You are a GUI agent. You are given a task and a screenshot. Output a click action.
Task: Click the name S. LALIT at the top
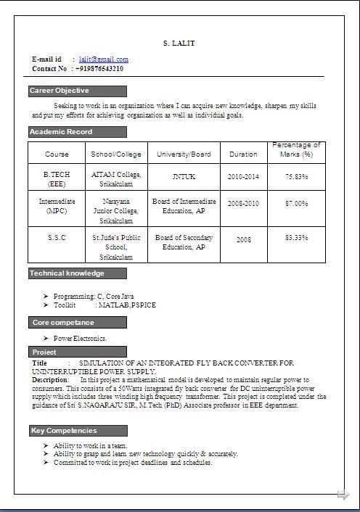179,44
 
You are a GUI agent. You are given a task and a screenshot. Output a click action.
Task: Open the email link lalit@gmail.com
109,59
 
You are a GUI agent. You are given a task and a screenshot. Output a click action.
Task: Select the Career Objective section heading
60,91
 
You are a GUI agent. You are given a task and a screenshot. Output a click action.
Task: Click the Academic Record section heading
61,132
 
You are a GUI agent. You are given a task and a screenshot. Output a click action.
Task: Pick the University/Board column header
184,154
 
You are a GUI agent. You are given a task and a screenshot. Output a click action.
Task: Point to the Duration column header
243,154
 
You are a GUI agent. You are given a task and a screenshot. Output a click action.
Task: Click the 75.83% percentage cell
296,176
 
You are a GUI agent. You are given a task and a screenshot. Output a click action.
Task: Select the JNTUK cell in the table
184,176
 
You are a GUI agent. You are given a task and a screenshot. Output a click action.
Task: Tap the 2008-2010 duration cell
243,204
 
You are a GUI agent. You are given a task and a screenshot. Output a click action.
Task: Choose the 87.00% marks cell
296,204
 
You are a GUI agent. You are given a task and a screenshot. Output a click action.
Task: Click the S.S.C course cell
57,237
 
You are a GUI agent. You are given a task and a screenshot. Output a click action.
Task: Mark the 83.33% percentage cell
296,237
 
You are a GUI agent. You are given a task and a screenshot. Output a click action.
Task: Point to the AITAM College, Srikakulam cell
117,179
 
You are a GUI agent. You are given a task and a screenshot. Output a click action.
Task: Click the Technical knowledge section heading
67,273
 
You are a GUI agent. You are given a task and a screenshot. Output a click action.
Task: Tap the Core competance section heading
62,322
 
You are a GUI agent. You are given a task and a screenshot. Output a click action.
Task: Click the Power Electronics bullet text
81,338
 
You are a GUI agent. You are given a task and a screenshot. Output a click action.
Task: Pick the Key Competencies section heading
64,431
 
